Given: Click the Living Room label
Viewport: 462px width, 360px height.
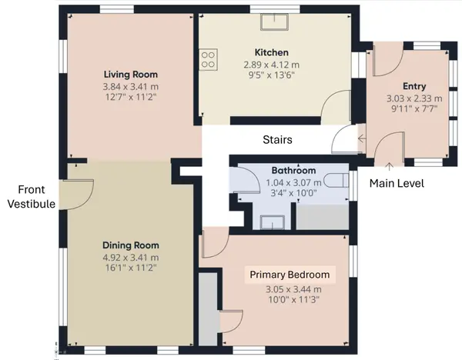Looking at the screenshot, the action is click(131, 75).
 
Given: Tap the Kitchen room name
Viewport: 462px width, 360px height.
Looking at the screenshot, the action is click(271, 52).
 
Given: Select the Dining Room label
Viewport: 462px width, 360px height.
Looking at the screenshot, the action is click(131, 245).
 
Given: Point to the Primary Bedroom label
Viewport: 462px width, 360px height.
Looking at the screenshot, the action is click(290, 275).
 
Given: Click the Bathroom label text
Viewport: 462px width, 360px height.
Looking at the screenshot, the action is click(293, 171).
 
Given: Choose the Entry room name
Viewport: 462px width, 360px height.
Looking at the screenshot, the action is click(414, 86).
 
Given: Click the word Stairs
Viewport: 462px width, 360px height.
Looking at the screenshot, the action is click(277, 139).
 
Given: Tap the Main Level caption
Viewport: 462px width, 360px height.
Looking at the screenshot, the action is click(397, 183).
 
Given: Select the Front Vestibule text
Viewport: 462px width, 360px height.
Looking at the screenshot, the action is click(32, 197).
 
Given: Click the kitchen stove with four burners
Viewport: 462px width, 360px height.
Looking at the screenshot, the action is click(208, 59).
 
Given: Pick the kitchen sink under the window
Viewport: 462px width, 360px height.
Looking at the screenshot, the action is click(274, 22).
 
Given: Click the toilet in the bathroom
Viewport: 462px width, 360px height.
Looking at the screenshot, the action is click(336, 181).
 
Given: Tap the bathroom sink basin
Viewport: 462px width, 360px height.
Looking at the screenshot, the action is click(273, 222).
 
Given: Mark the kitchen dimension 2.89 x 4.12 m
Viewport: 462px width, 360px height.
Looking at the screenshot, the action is click(271, 65).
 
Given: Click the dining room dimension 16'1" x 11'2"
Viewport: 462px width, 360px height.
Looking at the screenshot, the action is click(131, 268).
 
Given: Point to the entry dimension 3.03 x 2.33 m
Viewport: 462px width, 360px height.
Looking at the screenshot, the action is click(414, 98).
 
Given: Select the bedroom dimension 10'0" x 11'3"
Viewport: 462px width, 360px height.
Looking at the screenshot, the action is click(294, 300).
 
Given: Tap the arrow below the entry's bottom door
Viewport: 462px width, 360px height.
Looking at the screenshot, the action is click(389, 166).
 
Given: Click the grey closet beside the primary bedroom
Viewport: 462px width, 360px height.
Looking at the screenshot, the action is click(208, 309).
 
